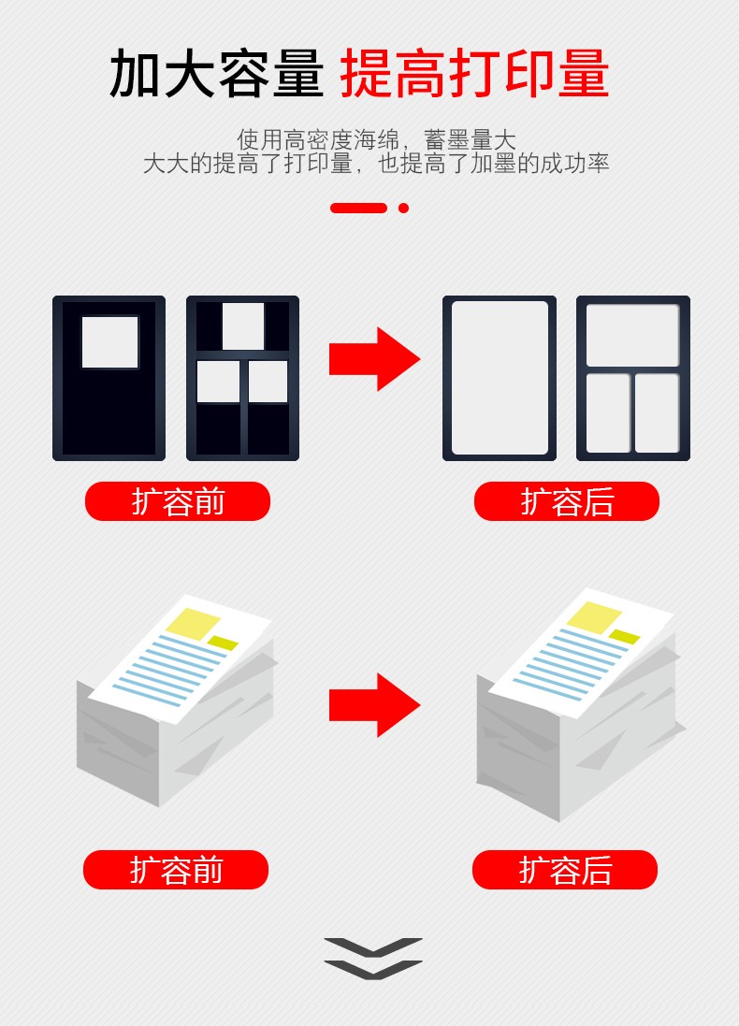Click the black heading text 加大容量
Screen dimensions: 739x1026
[x=217, y=73]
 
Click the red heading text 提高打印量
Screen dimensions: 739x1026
[x=474, y=73]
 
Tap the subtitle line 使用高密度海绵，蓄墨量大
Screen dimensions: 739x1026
[x=376, y=139]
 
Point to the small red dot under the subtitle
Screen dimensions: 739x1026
[x=403, y=208]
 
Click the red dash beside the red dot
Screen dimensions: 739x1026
[x=358, y=208]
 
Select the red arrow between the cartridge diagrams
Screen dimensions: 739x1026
[x=374, y=359]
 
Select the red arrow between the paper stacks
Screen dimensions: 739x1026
[x=374, y=704]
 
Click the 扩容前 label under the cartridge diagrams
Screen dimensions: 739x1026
[x=178, y=502]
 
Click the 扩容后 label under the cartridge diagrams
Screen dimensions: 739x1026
[x=566, y=502]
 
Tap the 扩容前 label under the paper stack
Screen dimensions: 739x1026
[x=176, y=870]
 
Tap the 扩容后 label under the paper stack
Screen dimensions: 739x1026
[x=564, y=870]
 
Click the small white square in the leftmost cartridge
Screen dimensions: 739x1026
[x=110, y=342]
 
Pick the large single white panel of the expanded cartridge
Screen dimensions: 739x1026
[x=500, y=378]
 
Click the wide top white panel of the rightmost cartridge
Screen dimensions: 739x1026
[x=632, y=335]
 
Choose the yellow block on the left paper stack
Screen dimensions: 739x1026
[x=193, y=624]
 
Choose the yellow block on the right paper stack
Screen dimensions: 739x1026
[x=594, y=617]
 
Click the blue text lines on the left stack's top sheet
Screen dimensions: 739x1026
[x=169, y=670]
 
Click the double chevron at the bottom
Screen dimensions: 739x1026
[x=373, y=959]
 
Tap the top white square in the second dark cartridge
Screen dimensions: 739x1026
[x=243, y=325]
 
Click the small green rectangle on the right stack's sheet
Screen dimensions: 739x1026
[x=625, y=637]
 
